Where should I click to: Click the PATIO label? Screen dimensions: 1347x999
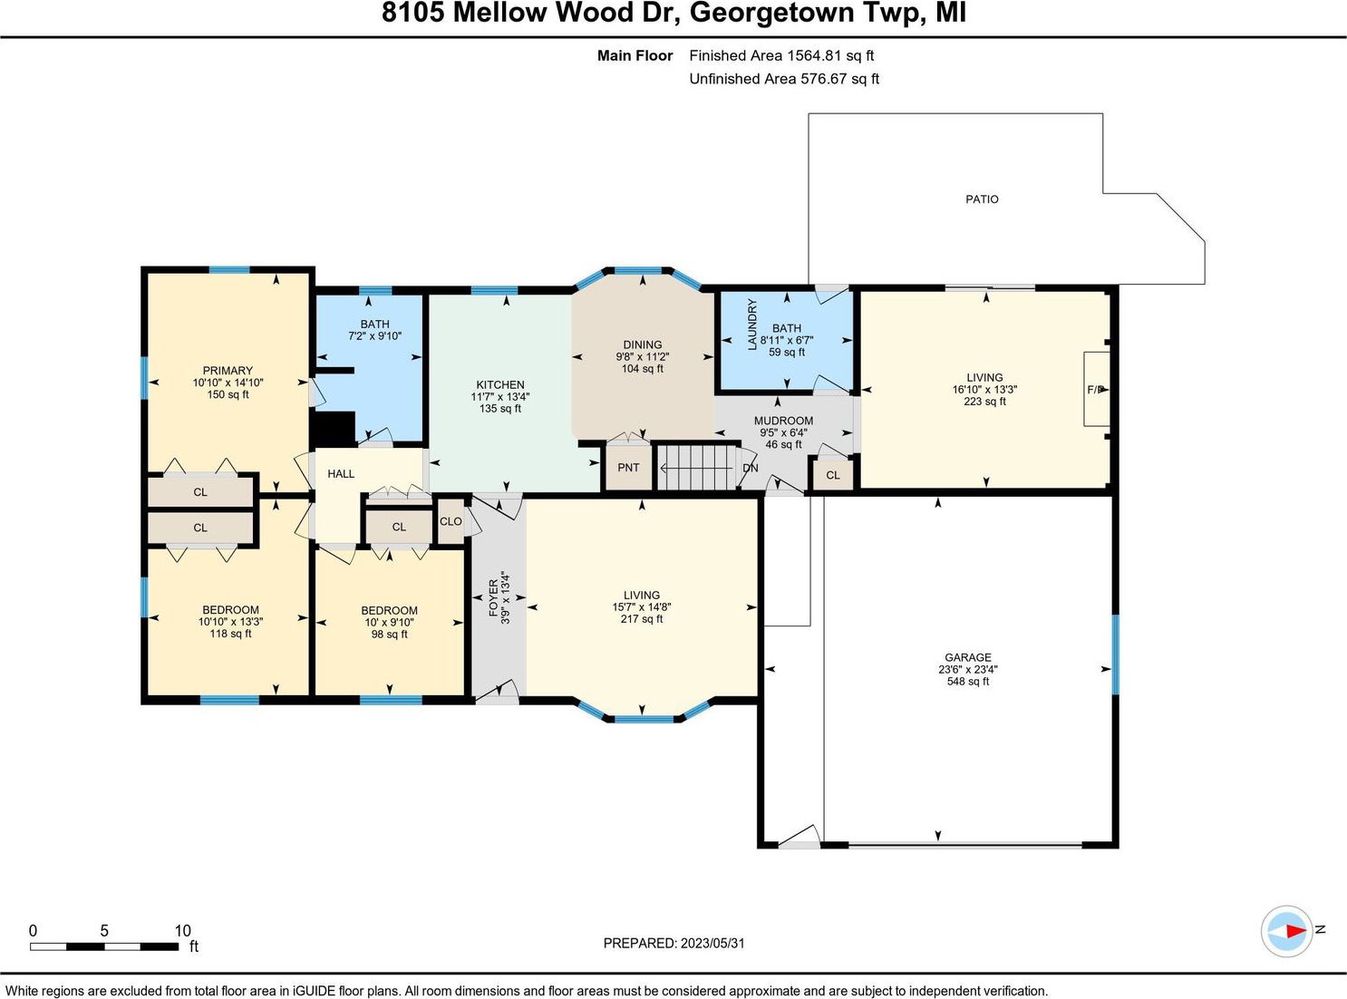coord(982,199)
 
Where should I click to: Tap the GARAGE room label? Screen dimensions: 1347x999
coord(968,657)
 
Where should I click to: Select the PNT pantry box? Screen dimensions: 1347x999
coord(628,468)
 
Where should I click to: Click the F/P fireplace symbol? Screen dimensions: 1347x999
coord(1096,389)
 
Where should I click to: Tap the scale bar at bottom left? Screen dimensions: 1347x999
coord(104,946)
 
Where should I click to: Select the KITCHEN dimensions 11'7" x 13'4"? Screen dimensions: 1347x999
coord(499,396)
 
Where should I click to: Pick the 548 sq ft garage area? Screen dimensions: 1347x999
coord(968,682)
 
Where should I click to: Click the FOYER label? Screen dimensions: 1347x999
coord(493,597)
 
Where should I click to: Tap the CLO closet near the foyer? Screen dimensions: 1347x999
coord(451,521)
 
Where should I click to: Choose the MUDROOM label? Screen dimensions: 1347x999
coord(783,421)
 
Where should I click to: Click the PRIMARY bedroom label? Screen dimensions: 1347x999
coord(228,371)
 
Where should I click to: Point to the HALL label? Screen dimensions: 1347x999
coord(341,474)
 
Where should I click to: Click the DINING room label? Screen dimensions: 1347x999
coord(643,344)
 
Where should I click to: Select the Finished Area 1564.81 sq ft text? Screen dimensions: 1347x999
coord(781,56)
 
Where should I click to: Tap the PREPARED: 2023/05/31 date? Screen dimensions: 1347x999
coord(674,943)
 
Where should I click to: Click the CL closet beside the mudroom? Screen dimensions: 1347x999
coord(833,475)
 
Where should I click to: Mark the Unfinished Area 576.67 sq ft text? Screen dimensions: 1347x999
coord(784,79)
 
